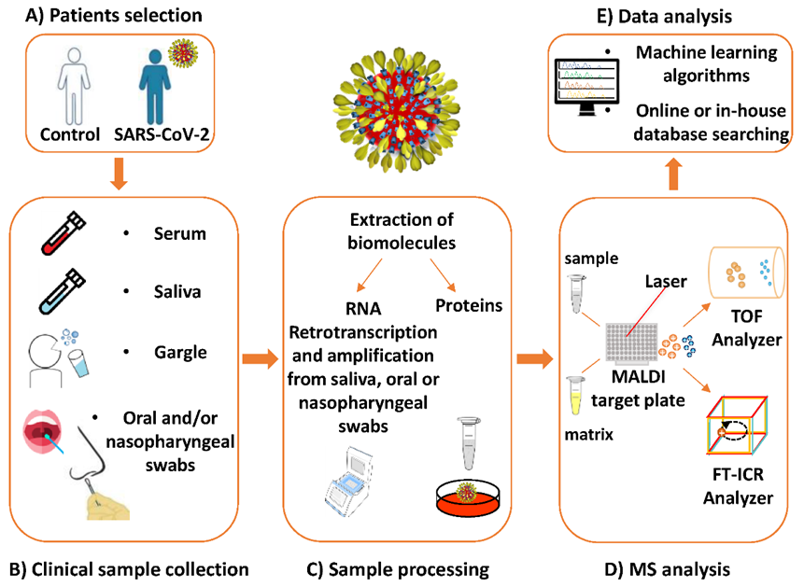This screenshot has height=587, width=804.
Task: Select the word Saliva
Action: (179, 292)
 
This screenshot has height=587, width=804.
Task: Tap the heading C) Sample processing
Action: (400, 566)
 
